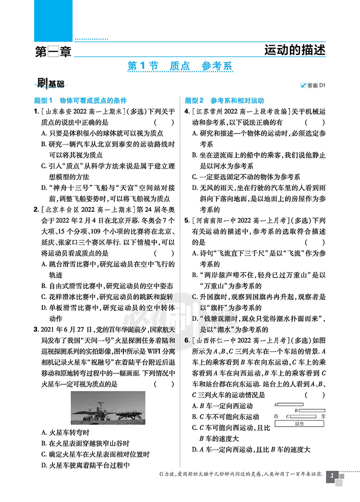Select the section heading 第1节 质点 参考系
pos(180,66)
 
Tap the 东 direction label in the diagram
pos(324,416)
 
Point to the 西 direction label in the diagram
pos(276,416)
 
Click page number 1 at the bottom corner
pos(332,477)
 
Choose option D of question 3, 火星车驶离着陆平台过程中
pos(86,465)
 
